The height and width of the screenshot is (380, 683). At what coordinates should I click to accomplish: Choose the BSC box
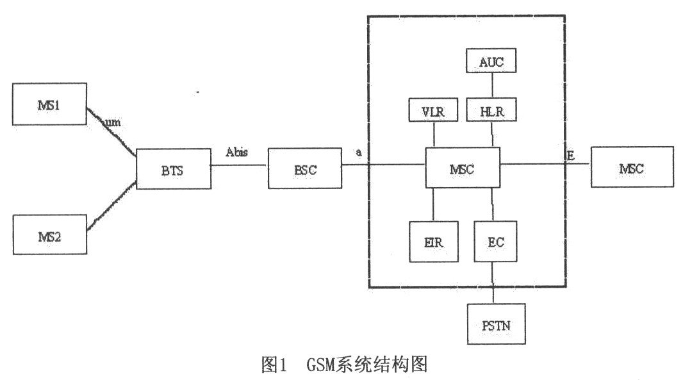[x=304, y=169]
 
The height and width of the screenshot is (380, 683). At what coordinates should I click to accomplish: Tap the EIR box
[x=434, y=243]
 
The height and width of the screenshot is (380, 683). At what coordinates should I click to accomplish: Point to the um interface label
[x=113, y=122]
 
